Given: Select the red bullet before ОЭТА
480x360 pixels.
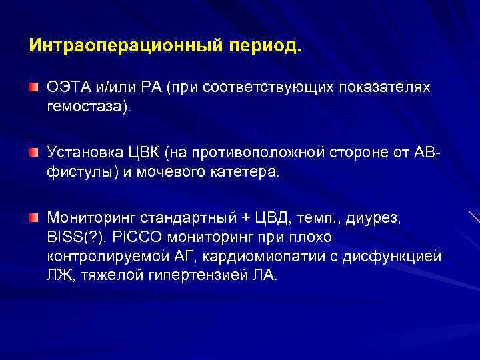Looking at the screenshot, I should coord(33,88).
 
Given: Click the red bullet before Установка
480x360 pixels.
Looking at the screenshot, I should coord(33,153).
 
